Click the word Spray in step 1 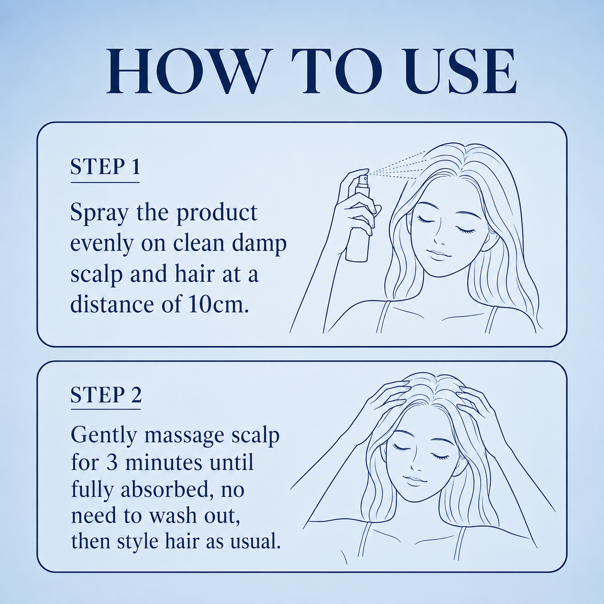tap(99, 214)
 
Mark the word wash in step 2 tap(175, 516)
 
